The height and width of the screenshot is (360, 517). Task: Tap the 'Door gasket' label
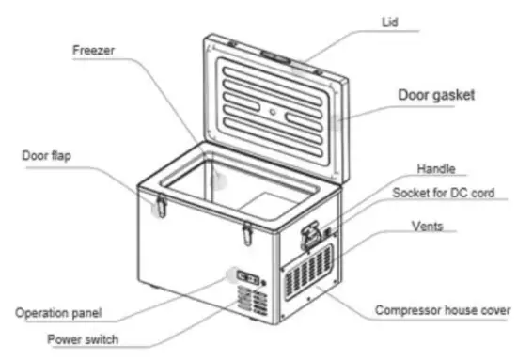pos(436,96)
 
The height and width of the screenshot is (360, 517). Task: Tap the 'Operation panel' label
pos(58,312)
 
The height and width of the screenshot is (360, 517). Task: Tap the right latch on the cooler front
pos(247,228)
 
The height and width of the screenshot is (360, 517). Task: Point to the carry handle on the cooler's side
pos(309,231)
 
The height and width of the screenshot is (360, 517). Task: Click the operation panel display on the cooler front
pos(248,277)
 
